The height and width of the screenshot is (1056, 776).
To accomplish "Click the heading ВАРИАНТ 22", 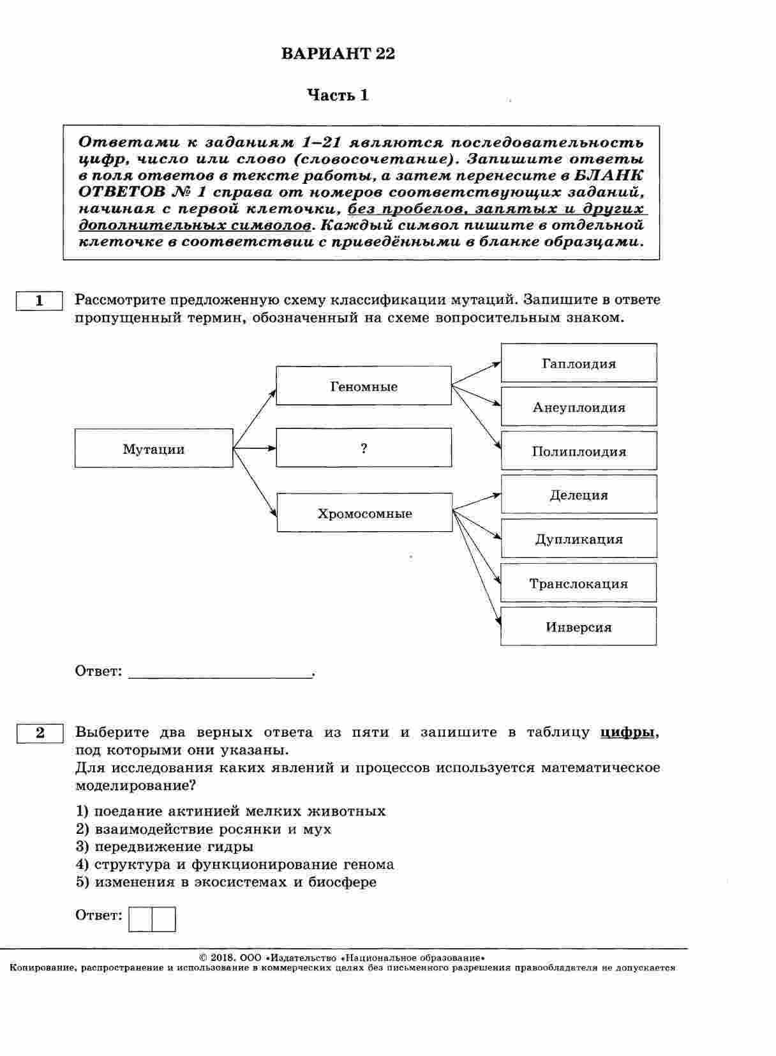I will click(338, 54).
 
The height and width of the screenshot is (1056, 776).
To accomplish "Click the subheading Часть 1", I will click(338, 96).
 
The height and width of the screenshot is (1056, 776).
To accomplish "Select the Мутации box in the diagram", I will click(154, 448).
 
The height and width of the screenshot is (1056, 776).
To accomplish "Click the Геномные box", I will click(364, 386).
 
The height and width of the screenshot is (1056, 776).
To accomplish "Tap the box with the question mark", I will click(364, 448).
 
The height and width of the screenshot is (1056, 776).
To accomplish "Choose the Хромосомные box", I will click(364, 513).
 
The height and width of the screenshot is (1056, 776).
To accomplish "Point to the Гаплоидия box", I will click(579, 363).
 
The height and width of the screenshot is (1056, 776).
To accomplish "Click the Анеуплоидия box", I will click(579, 407).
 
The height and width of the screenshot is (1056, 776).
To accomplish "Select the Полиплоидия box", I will click(579, 451).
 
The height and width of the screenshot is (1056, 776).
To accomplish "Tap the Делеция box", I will click(579, 494).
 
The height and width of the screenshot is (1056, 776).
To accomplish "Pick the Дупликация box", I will click(579, 538).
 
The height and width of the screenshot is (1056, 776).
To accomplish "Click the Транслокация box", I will click(578, 583).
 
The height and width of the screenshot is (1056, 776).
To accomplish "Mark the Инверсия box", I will click(578, 626).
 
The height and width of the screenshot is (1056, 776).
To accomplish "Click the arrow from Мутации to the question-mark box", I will click(255, 448).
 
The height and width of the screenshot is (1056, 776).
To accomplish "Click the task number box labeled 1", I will click(40, 301).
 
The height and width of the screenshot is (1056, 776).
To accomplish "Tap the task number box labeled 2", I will click(40, 733).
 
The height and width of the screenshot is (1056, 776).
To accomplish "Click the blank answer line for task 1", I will click(220, 672).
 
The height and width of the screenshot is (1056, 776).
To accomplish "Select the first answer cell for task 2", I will click(140, 919).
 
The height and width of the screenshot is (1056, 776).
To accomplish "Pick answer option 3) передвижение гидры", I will click(165, 847).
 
